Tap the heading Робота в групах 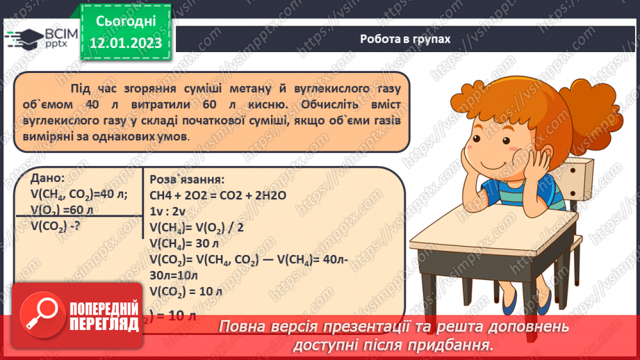(x=405, y=39)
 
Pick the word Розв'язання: (x=186, y=179)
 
